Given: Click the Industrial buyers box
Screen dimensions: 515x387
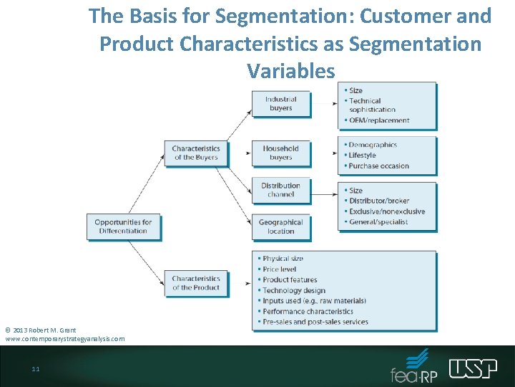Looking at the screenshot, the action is [281, 104].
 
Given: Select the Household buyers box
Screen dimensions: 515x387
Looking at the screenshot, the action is [281, 153].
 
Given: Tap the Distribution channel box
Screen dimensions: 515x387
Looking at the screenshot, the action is [281, 190].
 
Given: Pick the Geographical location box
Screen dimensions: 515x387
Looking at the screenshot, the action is [281, 226].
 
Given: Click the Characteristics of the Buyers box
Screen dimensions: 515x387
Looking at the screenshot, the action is [196, 153].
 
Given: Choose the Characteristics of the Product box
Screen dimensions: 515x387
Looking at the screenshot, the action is [196, 283].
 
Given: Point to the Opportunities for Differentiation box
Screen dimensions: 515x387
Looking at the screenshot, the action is [123, 226].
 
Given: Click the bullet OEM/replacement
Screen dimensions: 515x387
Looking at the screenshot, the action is [379, 120].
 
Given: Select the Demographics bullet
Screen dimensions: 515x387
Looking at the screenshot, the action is [373, 145].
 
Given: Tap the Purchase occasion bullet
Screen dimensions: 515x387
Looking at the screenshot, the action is [378, 166].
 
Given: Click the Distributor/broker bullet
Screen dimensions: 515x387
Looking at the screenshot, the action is [379, 201].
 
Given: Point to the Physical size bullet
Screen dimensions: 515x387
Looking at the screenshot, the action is [283, 259].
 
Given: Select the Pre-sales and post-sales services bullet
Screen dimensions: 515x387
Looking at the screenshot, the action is [315, 322].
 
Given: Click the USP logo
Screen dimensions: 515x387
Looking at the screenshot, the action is [473, 368].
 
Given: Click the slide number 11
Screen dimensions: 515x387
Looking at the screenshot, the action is [35, 369].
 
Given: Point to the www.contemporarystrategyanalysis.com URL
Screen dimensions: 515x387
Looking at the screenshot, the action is [65, 338].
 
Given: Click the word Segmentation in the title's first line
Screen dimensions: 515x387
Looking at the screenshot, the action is [273, 16].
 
